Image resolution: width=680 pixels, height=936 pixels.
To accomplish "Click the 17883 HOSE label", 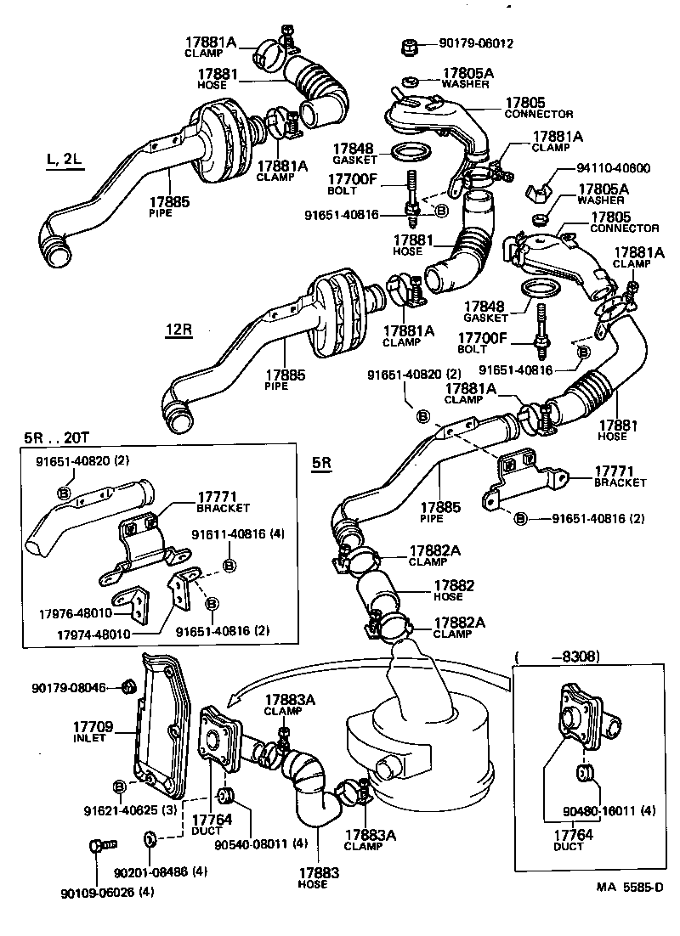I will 319,877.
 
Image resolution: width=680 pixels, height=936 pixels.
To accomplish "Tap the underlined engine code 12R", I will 178,329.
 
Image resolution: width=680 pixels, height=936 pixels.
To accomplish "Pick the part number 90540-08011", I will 260,844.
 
